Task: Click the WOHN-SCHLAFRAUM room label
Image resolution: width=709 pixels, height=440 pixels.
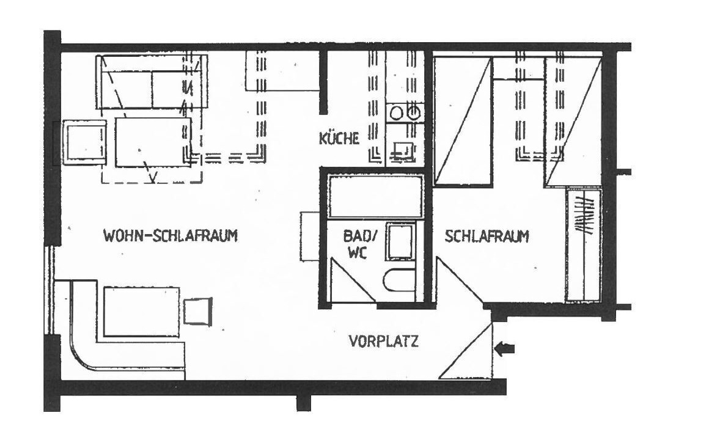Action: coord(171,236)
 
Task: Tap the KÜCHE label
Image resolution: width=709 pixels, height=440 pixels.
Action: coord(339,138)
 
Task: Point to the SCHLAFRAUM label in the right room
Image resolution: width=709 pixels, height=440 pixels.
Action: coord(487,237)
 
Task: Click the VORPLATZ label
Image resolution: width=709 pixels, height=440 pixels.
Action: coord(384,341)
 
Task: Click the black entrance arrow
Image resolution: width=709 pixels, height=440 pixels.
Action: coord(505,349)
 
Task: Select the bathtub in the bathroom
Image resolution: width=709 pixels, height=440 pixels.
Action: coord(375,197)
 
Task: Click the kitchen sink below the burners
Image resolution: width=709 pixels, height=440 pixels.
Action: coord(403,150)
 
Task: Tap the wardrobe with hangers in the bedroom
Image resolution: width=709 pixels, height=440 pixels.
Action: coord(583,245)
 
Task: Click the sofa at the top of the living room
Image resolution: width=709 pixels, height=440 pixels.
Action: coord(152,82)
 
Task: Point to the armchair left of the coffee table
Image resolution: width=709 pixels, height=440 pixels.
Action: coord(84,142)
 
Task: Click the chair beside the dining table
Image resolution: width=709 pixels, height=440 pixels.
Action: coord(198,310)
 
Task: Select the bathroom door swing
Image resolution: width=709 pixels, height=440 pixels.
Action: coord(352,280)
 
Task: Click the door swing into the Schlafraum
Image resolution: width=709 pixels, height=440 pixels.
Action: coord(459,280)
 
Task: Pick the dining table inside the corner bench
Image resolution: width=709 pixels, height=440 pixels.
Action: coord(142,312)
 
